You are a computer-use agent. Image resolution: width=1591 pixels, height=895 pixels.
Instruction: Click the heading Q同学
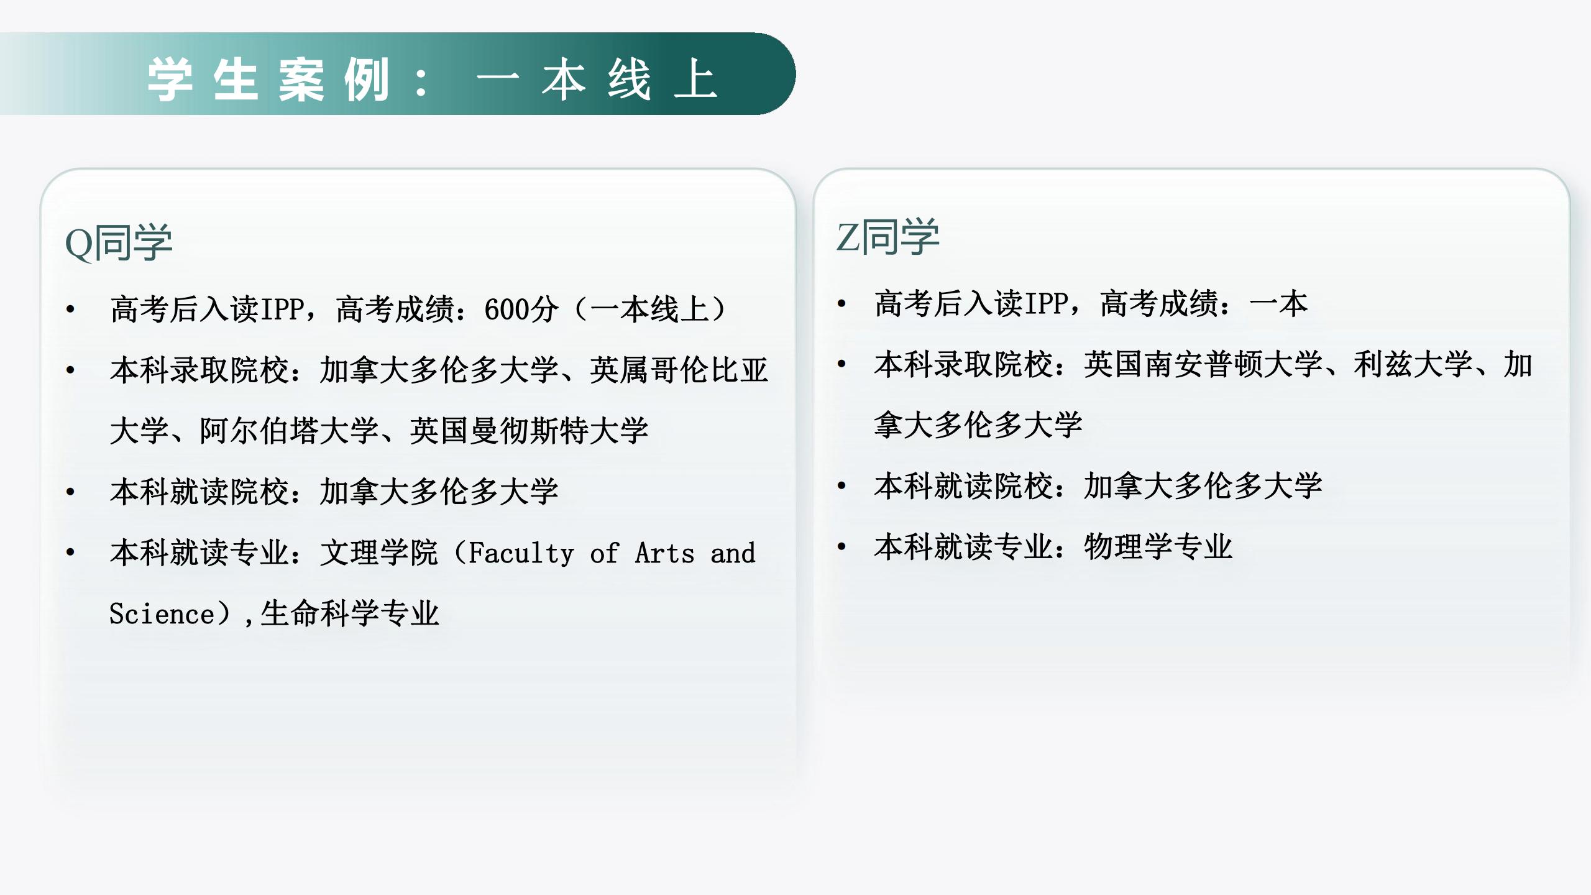119,242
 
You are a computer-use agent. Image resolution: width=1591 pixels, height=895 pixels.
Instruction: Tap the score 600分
521,310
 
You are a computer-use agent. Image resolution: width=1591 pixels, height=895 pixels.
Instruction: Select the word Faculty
521,553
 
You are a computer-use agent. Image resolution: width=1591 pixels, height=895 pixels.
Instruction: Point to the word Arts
664,553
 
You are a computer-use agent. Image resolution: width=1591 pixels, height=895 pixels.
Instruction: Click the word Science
162,613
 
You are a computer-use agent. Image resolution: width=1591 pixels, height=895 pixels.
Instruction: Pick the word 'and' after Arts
733,553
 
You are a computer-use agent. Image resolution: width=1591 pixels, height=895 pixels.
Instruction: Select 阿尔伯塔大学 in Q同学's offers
289,431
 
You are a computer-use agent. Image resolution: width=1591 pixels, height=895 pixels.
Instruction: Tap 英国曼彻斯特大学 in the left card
529,431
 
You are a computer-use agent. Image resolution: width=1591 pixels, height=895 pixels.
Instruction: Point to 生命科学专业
350,613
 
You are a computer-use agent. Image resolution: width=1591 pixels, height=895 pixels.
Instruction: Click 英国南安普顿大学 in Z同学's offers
1203,364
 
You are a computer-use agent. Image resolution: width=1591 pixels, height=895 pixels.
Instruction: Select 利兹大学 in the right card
1413,364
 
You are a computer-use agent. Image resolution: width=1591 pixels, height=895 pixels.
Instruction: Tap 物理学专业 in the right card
1158,547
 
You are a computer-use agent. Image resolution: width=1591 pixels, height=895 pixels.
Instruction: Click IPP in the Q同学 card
282,310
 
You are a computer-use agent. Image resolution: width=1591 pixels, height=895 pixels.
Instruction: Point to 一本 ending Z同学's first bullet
1278,304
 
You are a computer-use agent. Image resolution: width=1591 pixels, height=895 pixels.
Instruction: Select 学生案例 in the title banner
268,80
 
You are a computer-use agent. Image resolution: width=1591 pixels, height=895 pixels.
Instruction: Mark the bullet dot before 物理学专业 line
841,547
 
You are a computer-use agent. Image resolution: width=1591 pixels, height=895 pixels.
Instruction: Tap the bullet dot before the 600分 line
70,310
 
